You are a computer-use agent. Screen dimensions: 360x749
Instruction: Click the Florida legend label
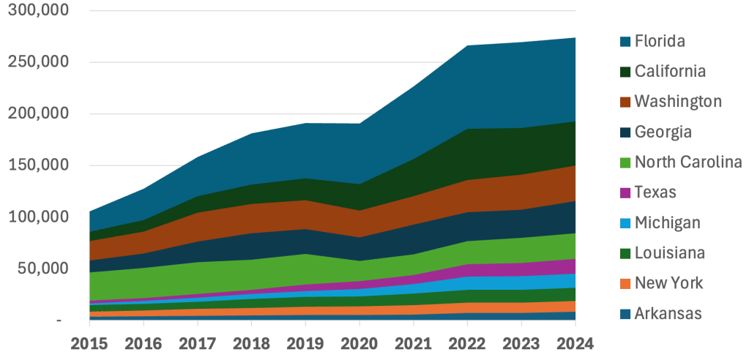click(660, 41)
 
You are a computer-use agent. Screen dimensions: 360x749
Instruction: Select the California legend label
click(670, 71)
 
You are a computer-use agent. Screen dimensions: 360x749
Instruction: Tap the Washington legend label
click(678, 101)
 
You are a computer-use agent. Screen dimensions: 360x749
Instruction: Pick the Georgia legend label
click(663, 132)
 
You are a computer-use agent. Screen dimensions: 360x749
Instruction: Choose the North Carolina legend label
click(688, 162)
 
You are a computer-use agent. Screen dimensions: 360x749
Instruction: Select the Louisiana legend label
click(670, 253)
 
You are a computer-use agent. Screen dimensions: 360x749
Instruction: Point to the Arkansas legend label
click(668, 314)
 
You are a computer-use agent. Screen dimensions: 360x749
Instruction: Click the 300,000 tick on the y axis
click(38, 11)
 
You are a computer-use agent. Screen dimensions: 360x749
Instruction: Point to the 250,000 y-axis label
click(38, 62)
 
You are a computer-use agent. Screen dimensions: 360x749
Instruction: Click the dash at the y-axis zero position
click(59, 320)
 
